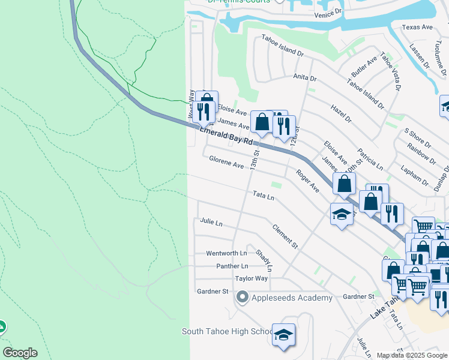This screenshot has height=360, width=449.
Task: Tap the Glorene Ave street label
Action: point(226,162)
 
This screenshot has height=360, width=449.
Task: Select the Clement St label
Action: point(285,236)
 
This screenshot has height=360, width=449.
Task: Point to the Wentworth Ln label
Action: point(226,253)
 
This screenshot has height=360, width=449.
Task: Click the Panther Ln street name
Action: point(228,266)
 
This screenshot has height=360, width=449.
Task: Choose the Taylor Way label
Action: point(251,278)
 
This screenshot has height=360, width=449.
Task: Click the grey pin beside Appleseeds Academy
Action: point(242,297)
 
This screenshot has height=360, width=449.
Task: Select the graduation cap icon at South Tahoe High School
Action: point(283,334)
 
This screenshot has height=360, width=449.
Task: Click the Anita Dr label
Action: point(304,77)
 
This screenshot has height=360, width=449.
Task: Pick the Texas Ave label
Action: point(417,27)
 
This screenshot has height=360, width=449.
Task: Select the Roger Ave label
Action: point(307,180)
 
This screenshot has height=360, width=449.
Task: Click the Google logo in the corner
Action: point(20,353)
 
